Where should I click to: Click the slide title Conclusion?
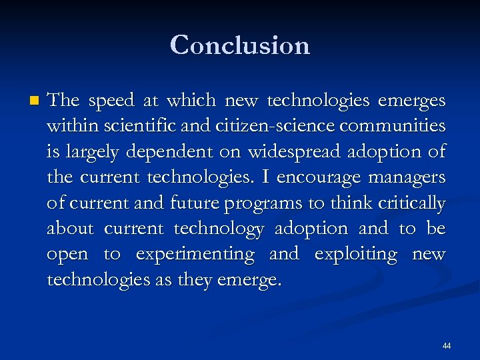(x=240, y=45)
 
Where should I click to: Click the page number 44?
(x=446, y=346)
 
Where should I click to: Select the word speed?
(x=115, y=101)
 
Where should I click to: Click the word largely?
(x=89, y=153)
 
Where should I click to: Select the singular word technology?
(x=219, y=229)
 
